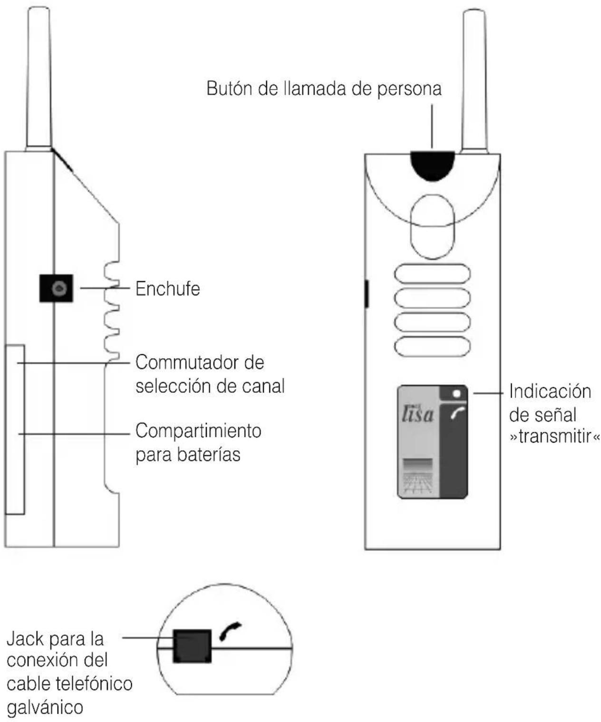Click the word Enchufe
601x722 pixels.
(167, 289)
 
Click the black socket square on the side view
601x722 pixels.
(56, 288)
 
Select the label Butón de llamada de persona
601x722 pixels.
(324, 89)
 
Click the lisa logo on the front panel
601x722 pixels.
(417, 414)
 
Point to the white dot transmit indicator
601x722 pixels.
(457, 394)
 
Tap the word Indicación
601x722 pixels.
(550, 391)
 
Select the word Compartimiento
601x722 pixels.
(198, 431)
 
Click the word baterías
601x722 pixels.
(209, 455)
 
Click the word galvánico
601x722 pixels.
(45, 707)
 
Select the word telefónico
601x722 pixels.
(94, 683)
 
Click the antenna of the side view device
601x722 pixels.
(39, 76)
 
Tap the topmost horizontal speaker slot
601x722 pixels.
(432, 274)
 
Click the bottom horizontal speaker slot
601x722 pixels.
(432, 346)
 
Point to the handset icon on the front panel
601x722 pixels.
(457, 415)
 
